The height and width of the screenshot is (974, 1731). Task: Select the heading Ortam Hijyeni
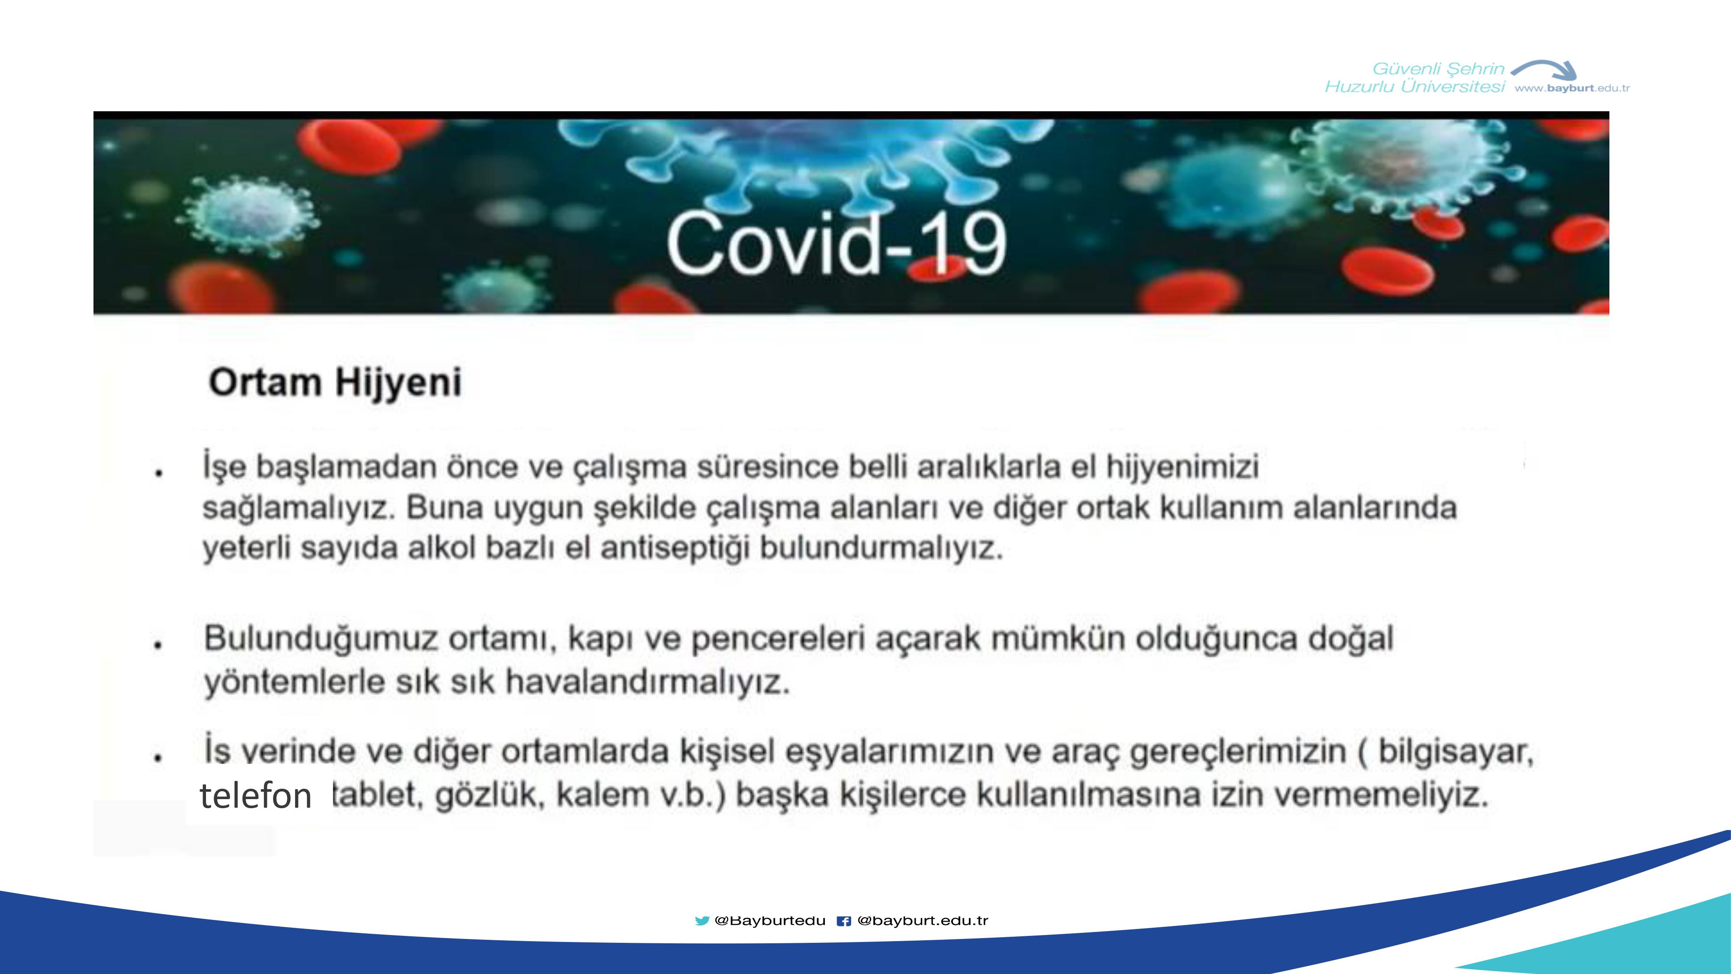tap(335, 383)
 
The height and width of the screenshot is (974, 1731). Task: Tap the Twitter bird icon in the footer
tap(701, 921)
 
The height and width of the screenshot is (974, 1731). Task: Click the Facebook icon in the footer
tap(843, 921)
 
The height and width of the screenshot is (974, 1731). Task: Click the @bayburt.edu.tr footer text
tap(923, 921)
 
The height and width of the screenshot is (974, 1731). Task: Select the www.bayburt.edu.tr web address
tap(1572, 88)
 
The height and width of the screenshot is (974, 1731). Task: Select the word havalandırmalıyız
tap(647, 682)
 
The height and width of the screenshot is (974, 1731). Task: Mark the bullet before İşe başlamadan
tap(158, 473)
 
